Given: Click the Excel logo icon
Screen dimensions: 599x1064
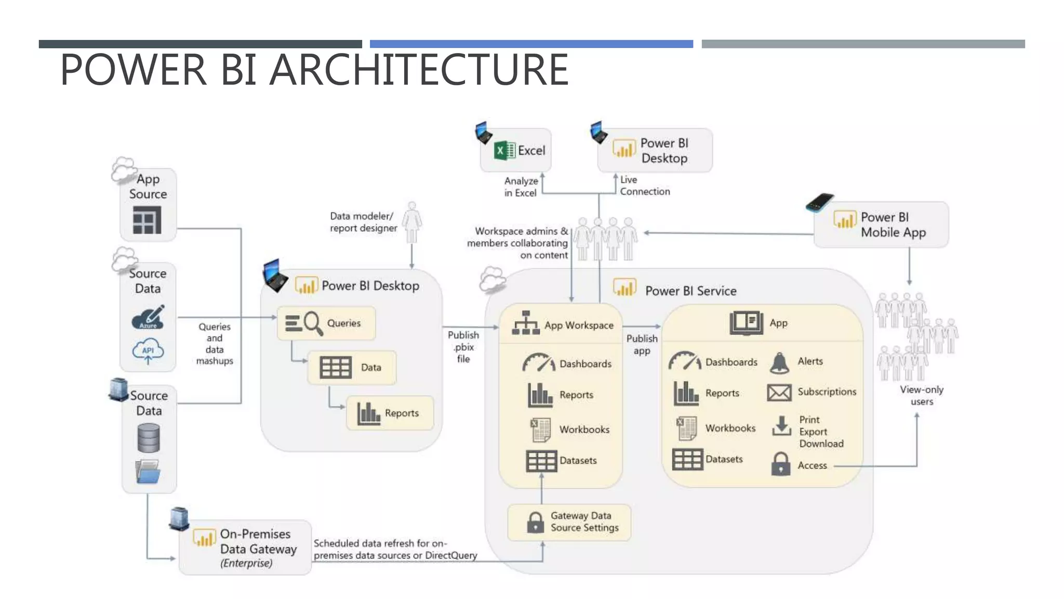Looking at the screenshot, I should pyautogui.click(x=504, y=151).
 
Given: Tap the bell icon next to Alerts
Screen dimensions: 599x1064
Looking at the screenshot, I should pyautogui.click(x=779, y=363).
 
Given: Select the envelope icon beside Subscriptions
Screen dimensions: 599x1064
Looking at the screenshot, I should pyautogui.click(x=779, y=393).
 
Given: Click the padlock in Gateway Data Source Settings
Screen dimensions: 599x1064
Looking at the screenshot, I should pyautogui.click(x=535, y=522).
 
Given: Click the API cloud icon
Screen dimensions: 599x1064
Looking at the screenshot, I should pyautogui.click(x=148, y=351).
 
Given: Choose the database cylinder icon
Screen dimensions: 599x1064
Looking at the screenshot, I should pyautogui.click(x=149, y=438).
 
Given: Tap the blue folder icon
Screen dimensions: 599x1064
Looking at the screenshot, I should pyautogui.click(x=148, y=472).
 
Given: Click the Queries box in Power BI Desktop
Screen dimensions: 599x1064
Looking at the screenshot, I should pyautogui.click(x=326, y=323).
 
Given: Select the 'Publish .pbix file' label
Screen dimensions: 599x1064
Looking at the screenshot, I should pyautogui.click(x=463, y=347).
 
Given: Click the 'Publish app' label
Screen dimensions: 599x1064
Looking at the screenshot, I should pyautogui.click(x=642, y=344).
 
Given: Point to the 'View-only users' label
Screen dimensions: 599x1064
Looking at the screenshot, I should pyautogui.click(x=922, y=395).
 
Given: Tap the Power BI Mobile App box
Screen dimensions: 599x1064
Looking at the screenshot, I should pyautogui.click(x=881, y=225).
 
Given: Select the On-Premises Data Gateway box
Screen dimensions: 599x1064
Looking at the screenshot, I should pyautogui.click(x=245, y=548).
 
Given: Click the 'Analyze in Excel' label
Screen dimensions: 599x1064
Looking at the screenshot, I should pyautogui.click(x=521, y=187).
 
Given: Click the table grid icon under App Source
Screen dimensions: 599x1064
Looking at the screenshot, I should pyautogui.click(x=147, y=220).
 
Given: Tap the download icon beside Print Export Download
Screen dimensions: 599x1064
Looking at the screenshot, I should pyautogui.click(x=781, y=426).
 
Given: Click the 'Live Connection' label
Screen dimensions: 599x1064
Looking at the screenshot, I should pyautogui.click(x=644, y=186).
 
